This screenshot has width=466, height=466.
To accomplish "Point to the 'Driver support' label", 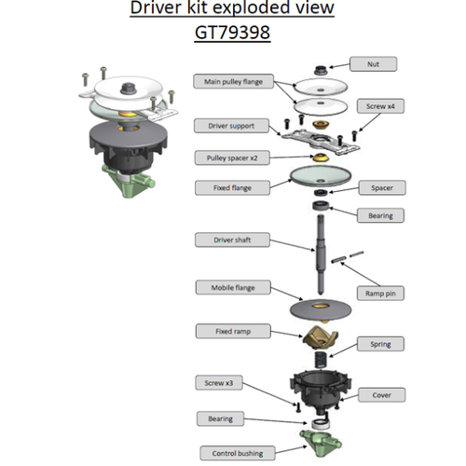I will click(x=221, y=124).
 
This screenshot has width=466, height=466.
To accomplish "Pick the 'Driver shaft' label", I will click(x=221, y=240).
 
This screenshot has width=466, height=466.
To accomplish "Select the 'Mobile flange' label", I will click(x=221, y=287).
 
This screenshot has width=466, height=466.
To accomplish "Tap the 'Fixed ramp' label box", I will click(x=219, y=331).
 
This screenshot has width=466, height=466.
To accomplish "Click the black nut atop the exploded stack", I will click(x=317, y=71).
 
